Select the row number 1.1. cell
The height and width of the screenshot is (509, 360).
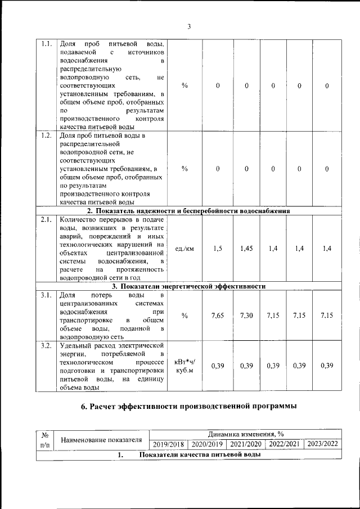(47, 44)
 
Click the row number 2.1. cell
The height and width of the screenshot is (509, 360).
(47, 220)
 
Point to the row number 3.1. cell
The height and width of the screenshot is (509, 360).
(47, 295)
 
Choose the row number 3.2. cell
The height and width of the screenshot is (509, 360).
(47, 345)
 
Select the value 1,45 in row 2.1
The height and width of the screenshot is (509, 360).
(246, 248)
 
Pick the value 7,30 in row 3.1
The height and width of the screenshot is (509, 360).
(246, 316)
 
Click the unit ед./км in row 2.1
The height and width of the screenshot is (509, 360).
(184, 248)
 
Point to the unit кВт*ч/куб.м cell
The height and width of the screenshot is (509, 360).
(184, 366)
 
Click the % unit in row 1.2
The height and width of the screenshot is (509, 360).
(184, 169)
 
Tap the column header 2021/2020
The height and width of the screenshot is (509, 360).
(246, 444)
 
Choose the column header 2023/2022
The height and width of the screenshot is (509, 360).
(322, 444)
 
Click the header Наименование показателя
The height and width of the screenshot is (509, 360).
(101, 439)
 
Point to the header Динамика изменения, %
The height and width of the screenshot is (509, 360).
(245, 434)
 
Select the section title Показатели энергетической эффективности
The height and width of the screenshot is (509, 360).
(192, 286)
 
